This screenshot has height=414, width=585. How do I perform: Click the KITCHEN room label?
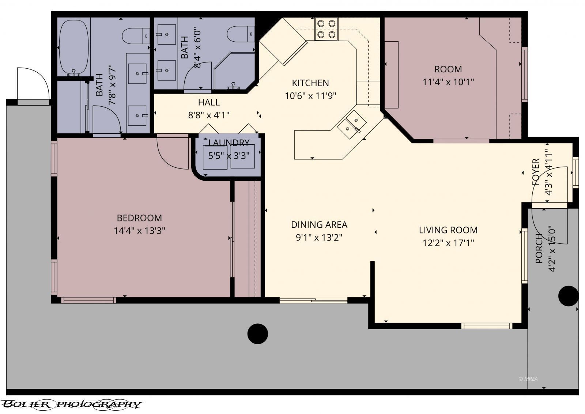[310, 83]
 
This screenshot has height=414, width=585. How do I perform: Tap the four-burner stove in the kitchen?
[326, 29]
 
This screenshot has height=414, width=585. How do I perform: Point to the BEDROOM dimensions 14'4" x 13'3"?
[139, 231]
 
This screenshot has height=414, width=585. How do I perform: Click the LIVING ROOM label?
[448, 230]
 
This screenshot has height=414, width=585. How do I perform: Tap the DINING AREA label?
[319, 224]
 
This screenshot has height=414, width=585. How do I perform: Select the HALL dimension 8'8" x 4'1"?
[209, 115]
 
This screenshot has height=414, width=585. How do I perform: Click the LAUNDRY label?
[229, 143]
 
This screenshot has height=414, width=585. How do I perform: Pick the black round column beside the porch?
[568, 295]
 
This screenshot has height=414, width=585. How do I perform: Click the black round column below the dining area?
[257, 334]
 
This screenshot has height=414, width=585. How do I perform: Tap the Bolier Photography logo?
[71, 404]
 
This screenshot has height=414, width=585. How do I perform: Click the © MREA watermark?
[528, 379]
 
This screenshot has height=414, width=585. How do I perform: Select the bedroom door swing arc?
[172, 153]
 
